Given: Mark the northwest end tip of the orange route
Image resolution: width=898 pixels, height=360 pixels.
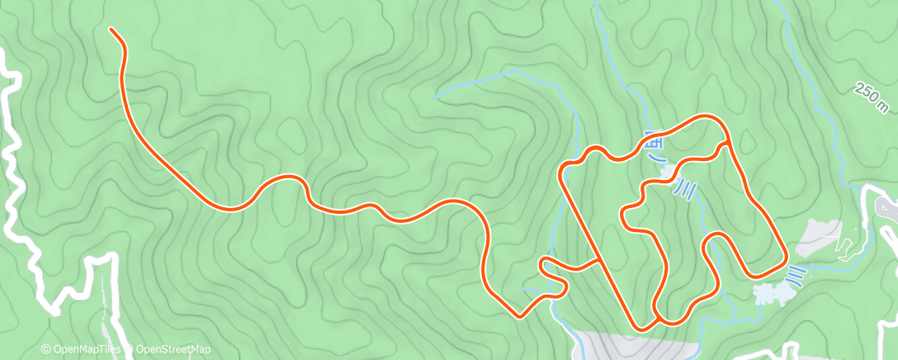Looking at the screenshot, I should click(111, 30).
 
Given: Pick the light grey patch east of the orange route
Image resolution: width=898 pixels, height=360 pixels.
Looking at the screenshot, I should click(819, 238).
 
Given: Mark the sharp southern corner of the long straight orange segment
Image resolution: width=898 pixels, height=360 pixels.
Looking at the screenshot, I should click(640, 328).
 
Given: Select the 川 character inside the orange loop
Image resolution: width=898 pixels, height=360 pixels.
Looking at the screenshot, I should click(685, 192).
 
